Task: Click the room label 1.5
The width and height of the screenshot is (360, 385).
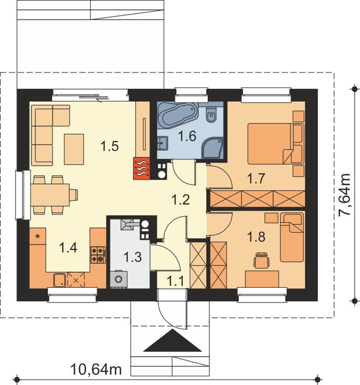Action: pos(110,146)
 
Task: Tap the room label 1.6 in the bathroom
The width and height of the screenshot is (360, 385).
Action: pos(187,137)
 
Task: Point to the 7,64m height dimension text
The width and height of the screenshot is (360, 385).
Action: pos(345,195)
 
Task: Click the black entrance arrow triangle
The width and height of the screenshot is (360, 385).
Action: pos(173,341)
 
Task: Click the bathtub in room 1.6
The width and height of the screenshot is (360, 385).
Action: pos(177,115)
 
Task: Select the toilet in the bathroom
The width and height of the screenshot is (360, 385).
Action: pos(211,114)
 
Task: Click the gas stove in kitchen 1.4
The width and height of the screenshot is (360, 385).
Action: pos(98,255)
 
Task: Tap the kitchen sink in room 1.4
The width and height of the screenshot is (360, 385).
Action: pos(59,280)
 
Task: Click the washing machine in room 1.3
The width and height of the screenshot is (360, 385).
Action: pos(119,279)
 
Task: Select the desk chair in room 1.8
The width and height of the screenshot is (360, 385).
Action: pos(261,260)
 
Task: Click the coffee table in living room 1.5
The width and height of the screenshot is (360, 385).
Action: pos(74,149)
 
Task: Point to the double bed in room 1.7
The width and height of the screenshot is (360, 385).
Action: pos(276,144)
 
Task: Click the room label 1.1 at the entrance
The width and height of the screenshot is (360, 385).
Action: pos(175,281)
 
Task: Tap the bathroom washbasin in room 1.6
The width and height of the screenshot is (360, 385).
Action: pos(163,143)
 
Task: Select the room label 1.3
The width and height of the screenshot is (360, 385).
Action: pos(133,257)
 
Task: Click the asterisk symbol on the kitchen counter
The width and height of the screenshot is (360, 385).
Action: pos(37,236)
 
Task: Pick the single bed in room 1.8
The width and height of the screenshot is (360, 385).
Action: pos(292,237)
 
